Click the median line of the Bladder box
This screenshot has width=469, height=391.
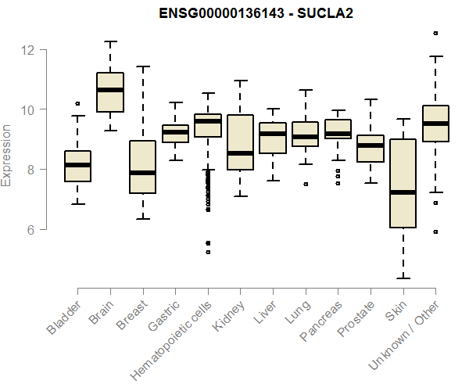[x=77, y=165]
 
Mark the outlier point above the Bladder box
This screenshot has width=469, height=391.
[x=77, y=103]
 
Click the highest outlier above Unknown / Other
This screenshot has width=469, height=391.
[x=435, y=33]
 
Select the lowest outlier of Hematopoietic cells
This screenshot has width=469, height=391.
[x=208, y=252]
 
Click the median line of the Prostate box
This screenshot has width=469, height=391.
[x=371, y=145]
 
